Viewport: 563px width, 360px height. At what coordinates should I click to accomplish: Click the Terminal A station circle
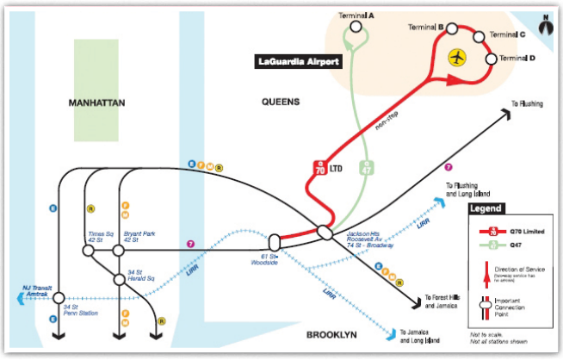[356, 27]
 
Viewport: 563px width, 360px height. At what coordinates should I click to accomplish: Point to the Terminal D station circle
[492, 59]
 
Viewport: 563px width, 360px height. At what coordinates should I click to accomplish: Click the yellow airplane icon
[458, 58]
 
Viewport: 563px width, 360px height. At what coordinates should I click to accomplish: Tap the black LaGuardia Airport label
[300, 62]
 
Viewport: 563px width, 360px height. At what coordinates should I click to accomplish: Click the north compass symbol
[544, 24]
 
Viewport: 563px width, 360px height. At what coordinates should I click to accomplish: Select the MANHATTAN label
[97, 102]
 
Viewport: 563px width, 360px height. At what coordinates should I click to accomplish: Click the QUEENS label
[281, 102]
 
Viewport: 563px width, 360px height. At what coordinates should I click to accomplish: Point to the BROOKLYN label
[337, 334]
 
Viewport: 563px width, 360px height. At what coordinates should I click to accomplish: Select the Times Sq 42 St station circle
[88, 250]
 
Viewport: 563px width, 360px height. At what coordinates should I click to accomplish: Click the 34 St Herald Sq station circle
[121, 279]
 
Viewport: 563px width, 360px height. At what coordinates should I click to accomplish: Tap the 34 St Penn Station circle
[59, 301]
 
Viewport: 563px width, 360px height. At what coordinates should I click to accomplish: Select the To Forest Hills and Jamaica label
[449, 302]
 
